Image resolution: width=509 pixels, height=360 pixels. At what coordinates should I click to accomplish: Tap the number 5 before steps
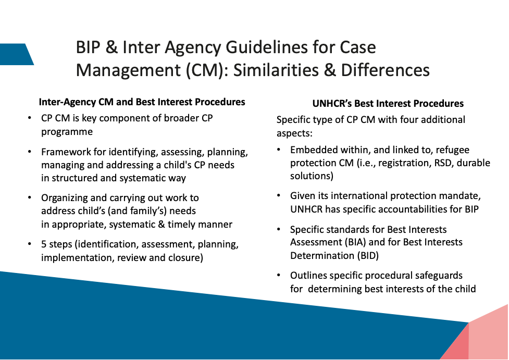tap(44, 244)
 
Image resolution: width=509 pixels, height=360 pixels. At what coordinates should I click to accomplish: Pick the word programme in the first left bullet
tap(67, 131)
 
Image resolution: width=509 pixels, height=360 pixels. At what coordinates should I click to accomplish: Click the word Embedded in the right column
tap(314, 150)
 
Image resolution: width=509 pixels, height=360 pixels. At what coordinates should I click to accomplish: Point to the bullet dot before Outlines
tap(279, 275)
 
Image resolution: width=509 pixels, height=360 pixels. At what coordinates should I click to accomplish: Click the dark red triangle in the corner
tap(457, 344)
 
